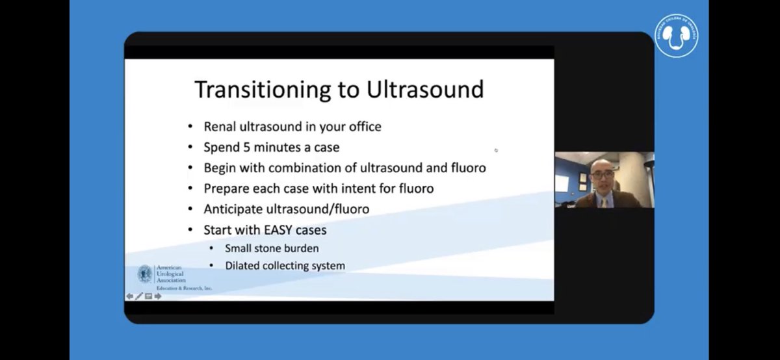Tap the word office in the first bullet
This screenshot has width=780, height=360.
pos(362,127)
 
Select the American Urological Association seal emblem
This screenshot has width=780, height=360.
pos(145,274)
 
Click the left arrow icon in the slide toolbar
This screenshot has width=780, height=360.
pos(129,296)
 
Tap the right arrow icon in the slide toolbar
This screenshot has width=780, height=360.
pos(158,296)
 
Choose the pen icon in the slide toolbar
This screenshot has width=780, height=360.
pos(138,296)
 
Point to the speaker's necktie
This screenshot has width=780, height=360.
pos(604,201)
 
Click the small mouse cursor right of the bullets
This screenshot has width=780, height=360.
pos(496,150)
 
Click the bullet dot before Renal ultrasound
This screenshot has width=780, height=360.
pos(190,127)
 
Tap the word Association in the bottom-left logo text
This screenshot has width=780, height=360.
pos(170,280)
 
